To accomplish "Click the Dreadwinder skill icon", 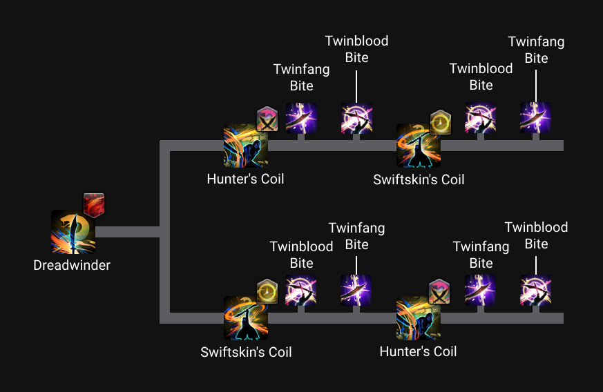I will click(73, 232).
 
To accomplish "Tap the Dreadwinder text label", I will click(72, 265).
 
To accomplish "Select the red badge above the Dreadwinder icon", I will click(94, 205).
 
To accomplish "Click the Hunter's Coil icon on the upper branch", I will click(245, 146).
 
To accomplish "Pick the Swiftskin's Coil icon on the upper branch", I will click(419, 146).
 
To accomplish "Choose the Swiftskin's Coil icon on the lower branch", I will click(246, 318).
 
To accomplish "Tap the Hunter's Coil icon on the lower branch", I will click(419, 318).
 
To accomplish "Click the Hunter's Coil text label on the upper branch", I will click(245, 179).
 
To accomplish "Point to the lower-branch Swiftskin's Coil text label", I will click(246, 352).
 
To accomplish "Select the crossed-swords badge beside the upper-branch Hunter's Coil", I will click(267, 120).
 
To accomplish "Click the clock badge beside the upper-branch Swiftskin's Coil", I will click(440, 122).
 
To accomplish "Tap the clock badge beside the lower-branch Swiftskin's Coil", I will click(267, 292).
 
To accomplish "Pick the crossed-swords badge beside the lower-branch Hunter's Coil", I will click(439, 292).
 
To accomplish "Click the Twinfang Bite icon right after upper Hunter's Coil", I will click(301, 117).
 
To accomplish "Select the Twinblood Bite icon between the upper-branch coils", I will click(356, 117).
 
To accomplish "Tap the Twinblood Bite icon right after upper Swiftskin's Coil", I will click(481, 117).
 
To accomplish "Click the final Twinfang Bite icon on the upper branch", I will click(536, 117).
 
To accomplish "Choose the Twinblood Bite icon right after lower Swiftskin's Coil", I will click(301, 290).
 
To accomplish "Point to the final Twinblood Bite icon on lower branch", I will click(536, 290).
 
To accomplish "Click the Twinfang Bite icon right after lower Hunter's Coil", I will click(481, 290).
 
